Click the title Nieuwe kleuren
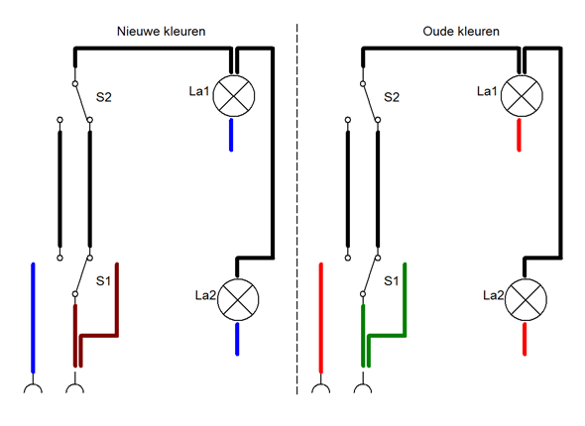(162, 32)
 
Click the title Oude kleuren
(461, 32)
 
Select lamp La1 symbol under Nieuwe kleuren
(234, 96)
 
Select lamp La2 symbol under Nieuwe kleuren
(238, 299)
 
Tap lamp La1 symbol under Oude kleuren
(522, 96)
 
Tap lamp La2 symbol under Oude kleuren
(526, 299)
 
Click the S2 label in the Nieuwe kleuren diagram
(104, 97)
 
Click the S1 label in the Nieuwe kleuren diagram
(103, 280)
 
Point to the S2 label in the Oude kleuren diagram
(392, 97)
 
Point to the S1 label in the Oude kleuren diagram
(391, 280)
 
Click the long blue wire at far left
(33, 318)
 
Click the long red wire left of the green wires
(321, 318)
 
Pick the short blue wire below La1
(231, 135)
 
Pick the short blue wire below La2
(237, 339)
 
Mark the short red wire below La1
(519, 135)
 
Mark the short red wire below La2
(525, 339)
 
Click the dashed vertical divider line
(297, 209)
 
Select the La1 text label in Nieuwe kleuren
(199, 91)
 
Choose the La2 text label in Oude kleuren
(493, 295)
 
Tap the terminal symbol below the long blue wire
(33, 385)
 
